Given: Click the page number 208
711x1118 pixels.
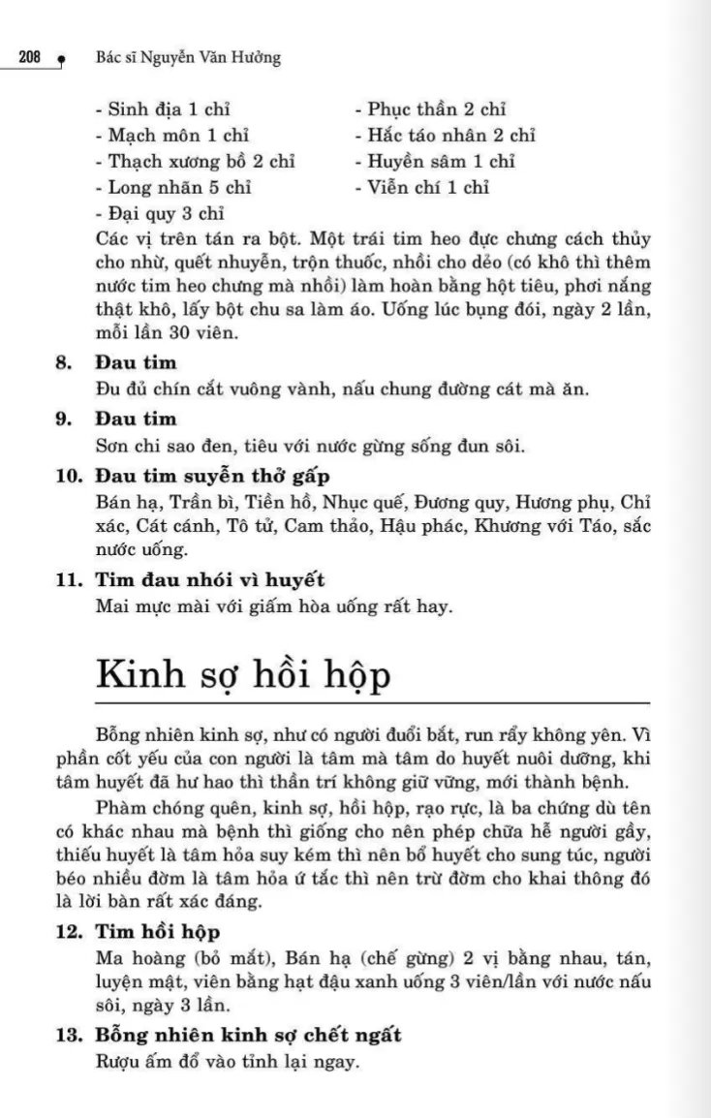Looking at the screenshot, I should point(28,58).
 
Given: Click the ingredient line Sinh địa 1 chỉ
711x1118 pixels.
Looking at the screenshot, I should point(163,109).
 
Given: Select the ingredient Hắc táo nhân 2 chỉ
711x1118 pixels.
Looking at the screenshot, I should point(445,136).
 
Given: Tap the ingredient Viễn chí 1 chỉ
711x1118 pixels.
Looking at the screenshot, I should point(421,188).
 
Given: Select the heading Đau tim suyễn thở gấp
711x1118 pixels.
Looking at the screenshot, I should point(213,476).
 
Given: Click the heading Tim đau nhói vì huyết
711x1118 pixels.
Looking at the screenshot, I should point(209,581).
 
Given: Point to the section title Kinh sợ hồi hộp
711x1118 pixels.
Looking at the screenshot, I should point(244,674).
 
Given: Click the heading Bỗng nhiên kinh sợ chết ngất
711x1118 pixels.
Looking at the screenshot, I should point(249,1036).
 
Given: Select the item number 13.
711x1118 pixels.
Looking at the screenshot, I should point(67,1036).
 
